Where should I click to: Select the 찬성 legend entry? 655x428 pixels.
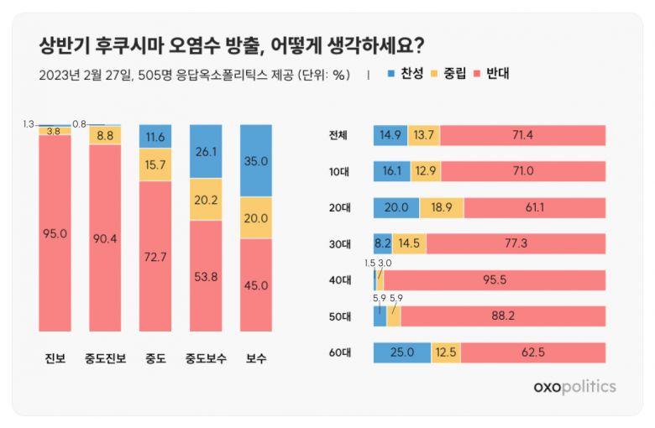pos(407,74)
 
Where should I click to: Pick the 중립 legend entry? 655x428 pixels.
pos(451,74)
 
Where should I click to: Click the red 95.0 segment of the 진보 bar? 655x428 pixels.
pos(53,232)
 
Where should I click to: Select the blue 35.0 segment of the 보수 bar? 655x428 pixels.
pos(256,161)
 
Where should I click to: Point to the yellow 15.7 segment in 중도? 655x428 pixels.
pos(155,166)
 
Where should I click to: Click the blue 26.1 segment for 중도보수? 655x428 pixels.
pos(206,151)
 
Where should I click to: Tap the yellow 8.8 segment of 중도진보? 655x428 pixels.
pos(105,135)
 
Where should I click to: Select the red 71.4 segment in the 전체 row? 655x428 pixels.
pos(521,135)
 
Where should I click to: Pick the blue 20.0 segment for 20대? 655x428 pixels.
pos(396,207)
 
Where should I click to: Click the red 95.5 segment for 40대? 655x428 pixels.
pos(494,279)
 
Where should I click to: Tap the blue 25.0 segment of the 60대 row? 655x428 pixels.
pos(401,352)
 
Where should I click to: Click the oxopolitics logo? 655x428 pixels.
pos(574,387)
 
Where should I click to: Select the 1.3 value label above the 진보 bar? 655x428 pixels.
pos(29,124)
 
